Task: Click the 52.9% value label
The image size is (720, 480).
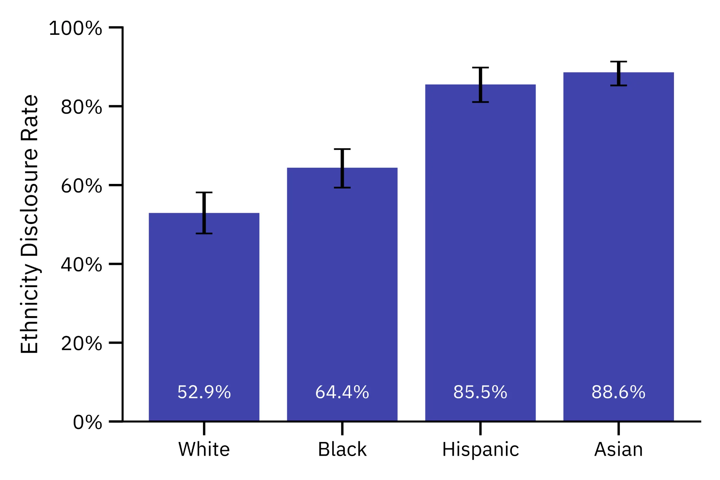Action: pos(204,392)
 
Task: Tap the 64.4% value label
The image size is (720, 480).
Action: pos(342,392)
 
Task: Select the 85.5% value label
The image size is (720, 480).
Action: pos(480,392)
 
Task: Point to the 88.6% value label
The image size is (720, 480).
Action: pos(618,392)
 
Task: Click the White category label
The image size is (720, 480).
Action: pos(204,449)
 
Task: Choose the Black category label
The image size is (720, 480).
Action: pos(342,449)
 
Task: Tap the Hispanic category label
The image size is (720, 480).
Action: pos(480,449)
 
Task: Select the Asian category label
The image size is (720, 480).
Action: pos(618,449)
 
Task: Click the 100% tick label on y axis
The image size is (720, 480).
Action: pos(75,28)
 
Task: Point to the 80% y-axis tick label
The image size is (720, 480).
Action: pos(81,107)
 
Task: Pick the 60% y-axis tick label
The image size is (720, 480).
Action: pos(81,186)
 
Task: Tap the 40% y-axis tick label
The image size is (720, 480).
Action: pos(81,264)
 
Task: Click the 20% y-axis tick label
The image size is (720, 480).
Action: pos(81,343)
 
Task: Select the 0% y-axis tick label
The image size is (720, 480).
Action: pos(87,422)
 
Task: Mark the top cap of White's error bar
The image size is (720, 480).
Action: pos(204,192)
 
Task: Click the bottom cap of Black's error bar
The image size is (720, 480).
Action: pos(342,187)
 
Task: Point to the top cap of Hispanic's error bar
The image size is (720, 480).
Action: pos(480,68)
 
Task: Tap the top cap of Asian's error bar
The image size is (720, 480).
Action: pos(618,62)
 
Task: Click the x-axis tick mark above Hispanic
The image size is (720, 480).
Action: pos(480,428)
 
